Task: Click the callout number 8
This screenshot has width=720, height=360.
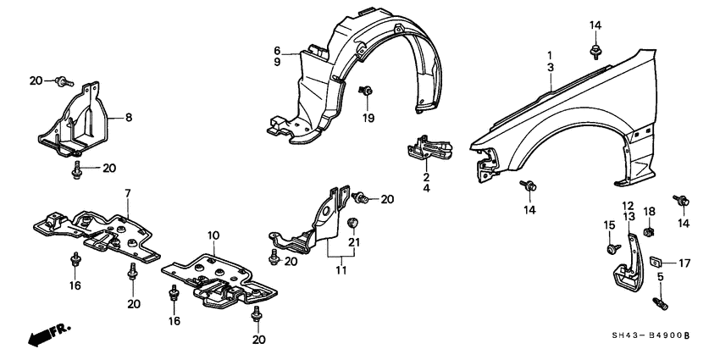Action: coord(130,118)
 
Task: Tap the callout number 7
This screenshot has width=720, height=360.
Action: coord(128,195)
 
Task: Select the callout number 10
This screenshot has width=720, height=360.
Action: coord(213,235)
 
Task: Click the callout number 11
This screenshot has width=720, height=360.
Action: coord(341,271)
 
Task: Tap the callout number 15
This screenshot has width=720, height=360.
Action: coord(609,224)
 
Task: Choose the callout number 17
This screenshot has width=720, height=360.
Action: coord(684,263)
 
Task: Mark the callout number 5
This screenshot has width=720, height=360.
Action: coord(661,277)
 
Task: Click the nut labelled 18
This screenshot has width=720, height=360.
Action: coord(649,230)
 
